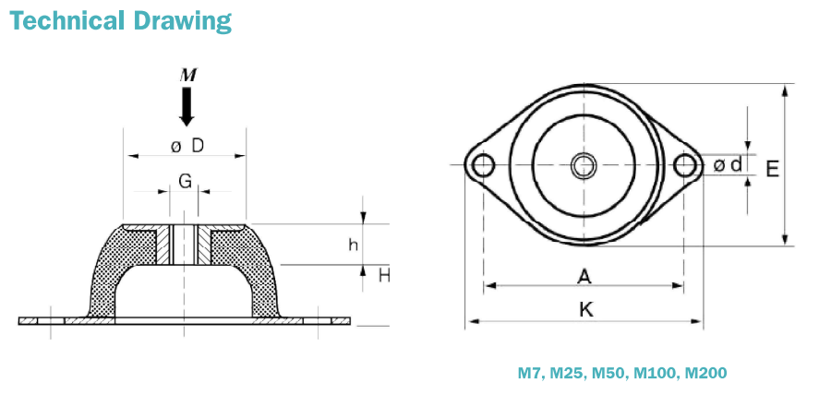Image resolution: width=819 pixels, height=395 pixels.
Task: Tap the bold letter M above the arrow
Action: coord(187,75)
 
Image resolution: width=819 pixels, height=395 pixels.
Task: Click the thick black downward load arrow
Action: coord(187,107)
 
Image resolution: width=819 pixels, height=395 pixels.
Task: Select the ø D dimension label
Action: coord(187,146)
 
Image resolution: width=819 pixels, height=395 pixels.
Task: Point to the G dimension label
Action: coord(186,181)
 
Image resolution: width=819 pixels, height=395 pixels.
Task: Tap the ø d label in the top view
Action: coord(728,165)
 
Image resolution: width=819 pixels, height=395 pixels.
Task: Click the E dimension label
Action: coord(773,168)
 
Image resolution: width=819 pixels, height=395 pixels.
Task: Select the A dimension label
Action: coord(584,275)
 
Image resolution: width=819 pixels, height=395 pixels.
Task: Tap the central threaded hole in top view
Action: coord(583,165)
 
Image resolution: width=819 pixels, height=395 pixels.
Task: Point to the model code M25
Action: coord(566,374)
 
